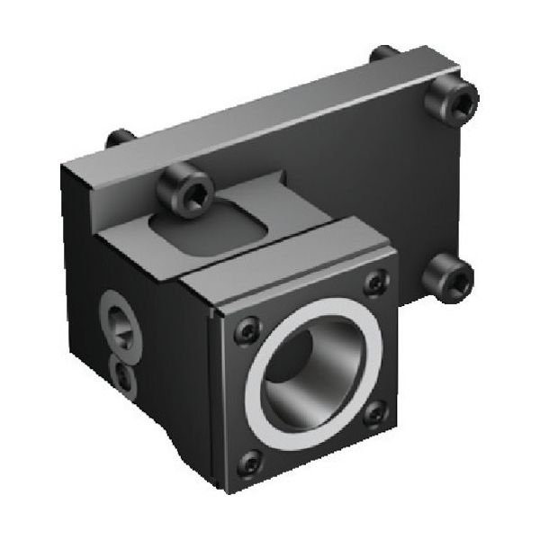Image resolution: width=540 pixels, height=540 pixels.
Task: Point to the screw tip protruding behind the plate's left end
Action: [x=120, y=139]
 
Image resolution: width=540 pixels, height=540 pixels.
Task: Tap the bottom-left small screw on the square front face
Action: [x=249, y=463]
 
